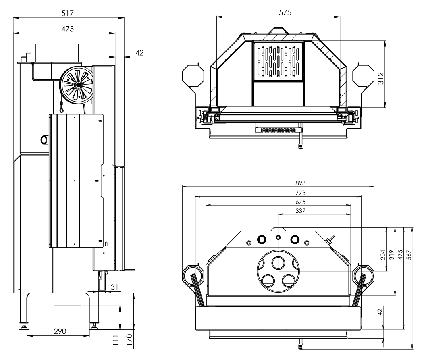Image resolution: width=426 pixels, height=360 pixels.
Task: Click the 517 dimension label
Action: click(68, 13)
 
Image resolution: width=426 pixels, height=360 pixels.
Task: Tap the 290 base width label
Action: click(60, 331)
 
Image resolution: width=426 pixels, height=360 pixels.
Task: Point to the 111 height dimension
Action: click(116, 339)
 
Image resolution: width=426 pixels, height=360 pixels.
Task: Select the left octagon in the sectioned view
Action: click(193, 75)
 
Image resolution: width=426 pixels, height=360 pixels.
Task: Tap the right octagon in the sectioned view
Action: click(364, 75)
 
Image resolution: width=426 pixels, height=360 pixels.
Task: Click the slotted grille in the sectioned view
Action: click(278, 61)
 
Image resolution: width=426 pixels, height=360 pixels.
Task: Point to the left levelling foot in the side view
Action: click(23, 326)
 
